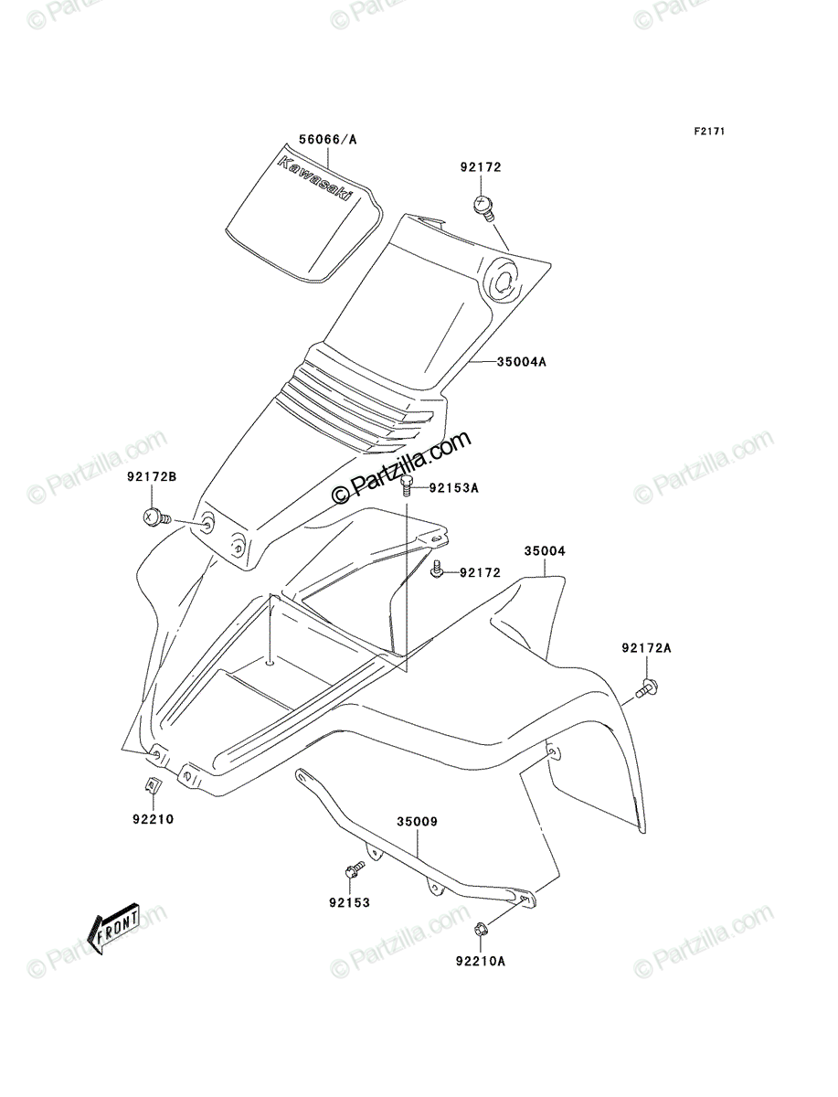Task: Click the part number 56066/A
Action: [x=327, y=140]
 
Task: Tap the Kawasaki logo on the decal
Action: [x=313, y=179]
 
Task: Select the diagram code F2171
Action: [x=709, y=131]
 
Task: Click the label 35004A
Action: [x=522, y=361]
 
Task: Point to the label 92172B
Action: [x=152, y=477]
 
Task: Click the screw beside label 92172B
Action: [x=157, y=517]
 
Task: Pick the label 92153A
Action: [x=453, y=488]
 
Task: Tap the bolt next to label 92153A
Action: [x=407, y=485]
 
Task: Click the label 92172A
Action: [x=646, y=648]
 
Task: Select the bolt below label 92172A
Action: [x=647, y=687]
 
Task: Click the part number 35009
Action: [x=417, y=822]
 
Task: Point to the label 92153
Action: [x=349, y=902]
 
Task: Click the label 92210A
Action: [x=480, y=961]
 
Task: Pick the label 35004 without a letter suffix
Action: [x=545, y=550]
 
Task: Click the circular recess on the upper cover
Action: [x=504, y=281]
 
